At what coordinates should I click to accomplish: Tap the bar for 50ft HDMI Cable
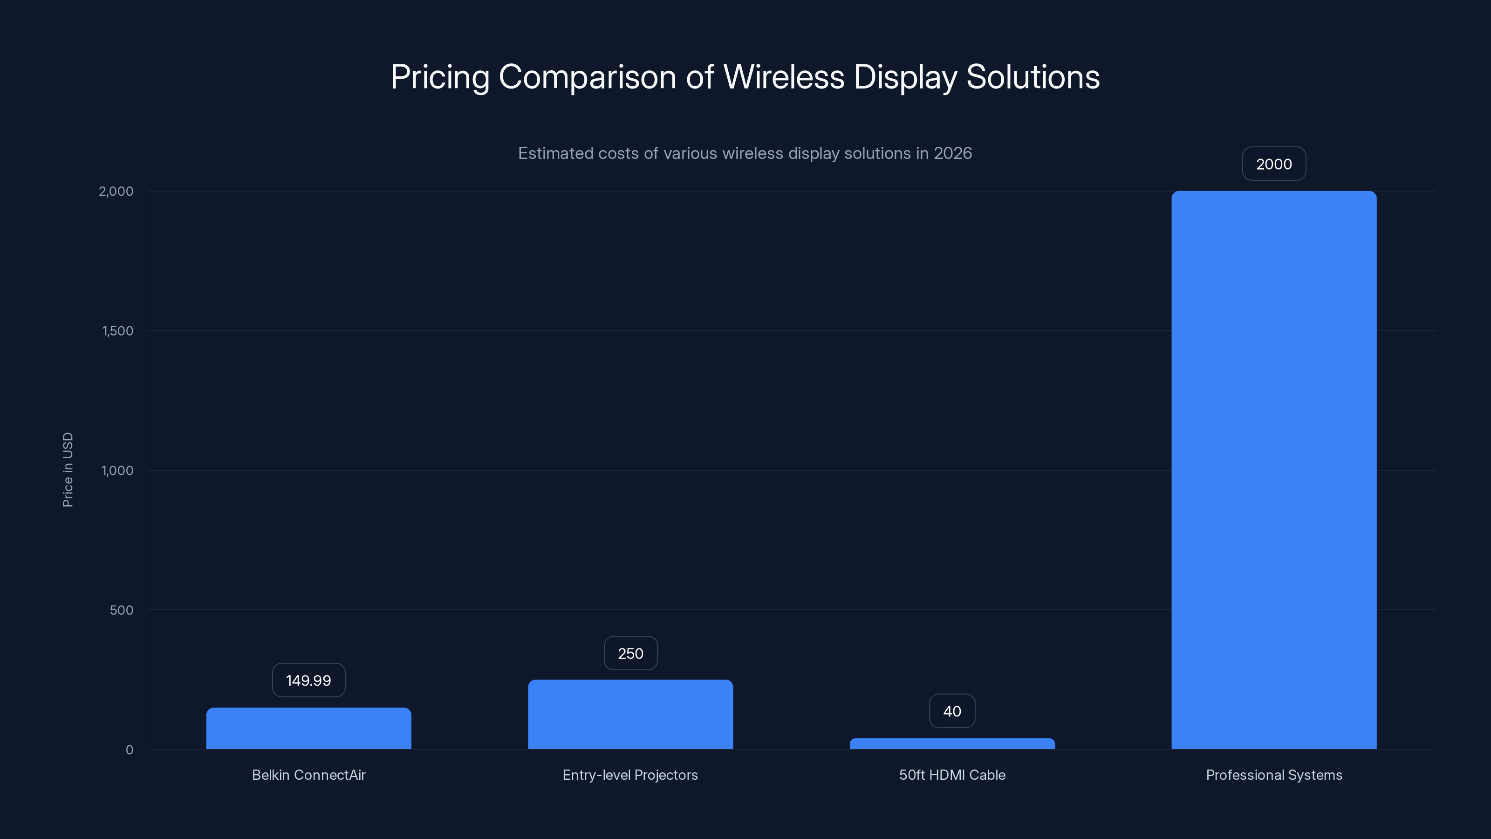pyautogui.click(x=952, y=743)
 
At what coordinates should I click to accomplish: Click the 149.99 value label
pyautogui.click(x=308, y=681)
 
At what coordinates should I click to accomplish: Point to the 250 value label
pyautogui.click(x=630, y=653)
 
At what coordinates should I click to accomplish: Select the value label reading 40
pyautogui.click(x=952, y=711)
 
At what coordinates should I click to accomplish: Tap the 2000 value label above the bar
pyautogui.click(x=1274, y=164)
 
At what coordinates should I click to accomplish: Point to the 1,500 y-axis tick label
pyautogui.click(x=117, y=330)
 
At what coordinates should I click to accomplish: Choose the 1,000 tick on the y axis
pyautogui.click(x=117, y=470)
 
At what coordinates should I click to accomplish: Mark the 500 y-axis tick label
pyautogui.click(x=122, y=610)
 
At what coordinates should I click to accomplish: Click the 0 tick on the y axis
pyautogui.click(x=129, y=750)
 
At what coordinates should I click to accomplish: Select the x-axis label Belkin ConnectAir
pyautogui.click(x=308, y=775)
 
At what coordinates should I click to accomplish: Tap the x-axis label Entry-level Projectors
pyautogui.click(x=630, y=775)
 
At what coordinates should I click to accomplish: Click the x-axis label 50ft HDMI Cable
pyautogui.click(x=952, y=775)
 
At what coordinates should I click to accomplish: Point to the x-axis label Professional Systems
pyautogui.click(x=1274, y=775)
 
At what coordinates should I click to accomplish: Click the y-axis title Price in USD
pyautogui.click(x=68, y=469)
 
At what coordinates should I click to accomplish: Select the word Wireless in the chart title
pyautogui.click(x=784, y=76)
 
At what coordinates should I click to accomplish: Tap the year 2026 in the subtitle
pyautogui.click(x=953, y=153)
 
